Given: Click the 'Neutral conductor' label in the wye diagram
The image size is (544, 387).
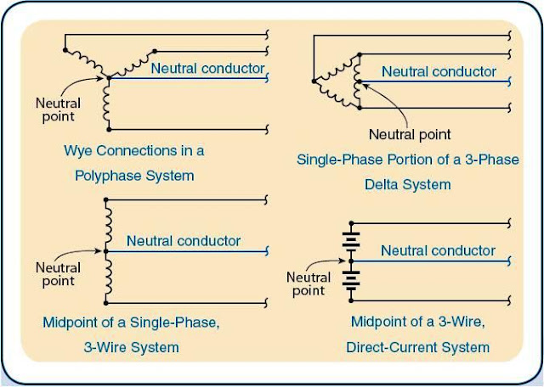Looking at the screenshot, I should [x=208, y=68].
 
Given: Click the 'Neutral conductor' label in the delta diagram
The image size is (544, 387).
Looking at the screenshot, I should [x=439, y=72].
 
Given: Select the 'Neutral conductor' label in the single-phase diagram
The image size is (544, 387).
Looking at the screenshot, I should [x=184, y=241].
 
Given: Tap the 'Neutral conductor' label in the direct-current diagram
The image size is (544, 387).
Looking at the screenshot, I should [x=438, y=250].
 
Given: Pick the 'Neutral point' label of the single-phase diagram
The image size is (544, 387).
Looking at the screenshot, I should [x=58, y=275].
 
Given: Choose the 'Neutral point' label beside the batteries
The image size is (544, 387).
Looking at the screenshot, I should [x=309, y=284].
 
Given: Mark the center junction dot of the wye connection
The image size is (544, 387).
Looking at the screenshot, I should [x=109, y=79].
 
